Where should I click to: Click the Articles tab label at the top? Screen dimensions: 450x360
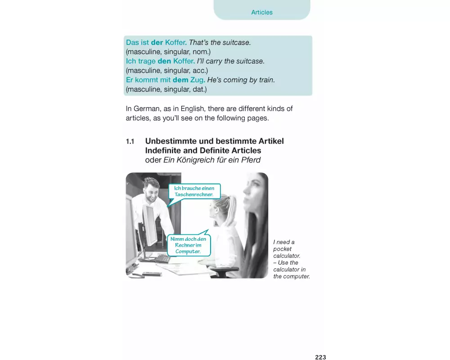coord(262,12)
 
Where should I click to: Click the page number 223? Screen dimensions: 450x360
coord(320,357)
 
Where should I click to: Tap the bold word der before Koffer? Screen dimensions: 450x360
coord(157,42)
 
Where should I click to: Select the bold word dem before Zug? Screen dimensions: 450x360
coord(180,80)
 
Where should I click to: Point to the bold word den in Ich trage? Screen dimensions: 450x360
coord(164,61)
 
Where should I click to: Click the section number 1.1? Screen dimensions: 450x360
coord(130,142)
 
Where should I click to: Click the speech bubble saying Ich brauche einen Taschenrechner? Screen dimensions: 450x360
coord(194,192)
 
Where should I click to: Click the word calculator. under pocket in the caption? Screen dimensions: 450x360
coord(287,256)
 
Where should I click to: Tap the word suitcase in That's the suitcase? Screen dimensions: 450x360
coord(237,42)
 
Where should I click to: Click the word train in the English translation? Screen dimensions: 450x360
coord(267,80)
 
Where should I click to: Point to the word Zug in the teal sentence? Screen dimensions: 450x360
coord(198,80)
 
